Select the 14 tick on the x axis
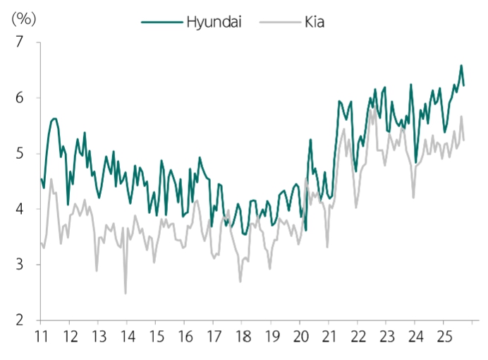[x=127, y=336]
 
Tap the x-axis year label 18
[x=242, y=336]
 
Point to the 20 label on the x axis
[x=300, y=336]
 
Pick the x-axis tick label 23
[x=386, y=336]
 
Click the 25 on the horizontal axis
[x=443, y=336]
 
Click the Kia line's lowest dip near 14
[x=126, y=293]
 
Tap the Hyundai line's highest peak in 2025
[x=461, y=66]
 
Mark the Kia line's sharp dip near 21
[x=327, y=246]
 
